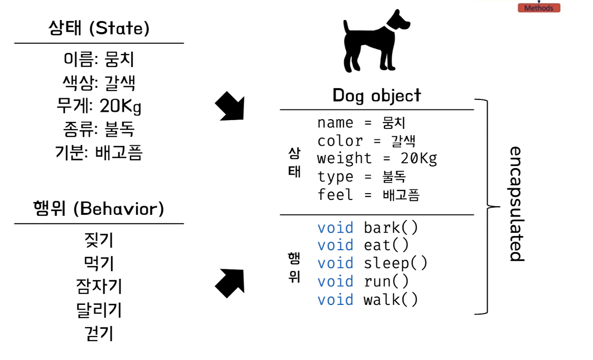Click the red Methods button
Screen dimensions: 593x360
tap(539, 8)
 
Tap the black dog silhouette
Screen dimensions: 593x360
tap(375, 42)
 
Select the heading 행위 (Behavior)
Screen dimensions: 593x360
tap(99, 208)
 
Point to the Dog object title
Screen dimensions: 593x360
tap(377, 95)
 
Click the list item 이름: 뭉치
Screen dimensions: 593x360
tap(99, 59)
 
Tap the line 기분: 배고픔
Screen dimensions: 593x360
tap(99, 153)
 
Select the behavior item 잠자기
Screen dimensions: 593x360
tap(99, 287)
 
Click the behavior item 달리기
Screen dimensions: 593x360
tap(99, 310)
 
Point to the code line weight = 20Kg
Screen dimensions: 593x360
tap(377, 158)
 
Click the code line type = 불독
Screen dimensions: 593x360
tap(362, 176)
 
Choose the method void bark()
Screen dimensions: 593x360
tap(367, 228)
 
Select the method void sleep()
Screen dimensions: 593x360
tap(372, 263)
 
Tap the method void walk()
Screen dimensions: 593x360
tap(367, 300)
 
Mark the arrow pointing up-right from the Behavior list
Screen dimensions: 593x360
tap(229, 283)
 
